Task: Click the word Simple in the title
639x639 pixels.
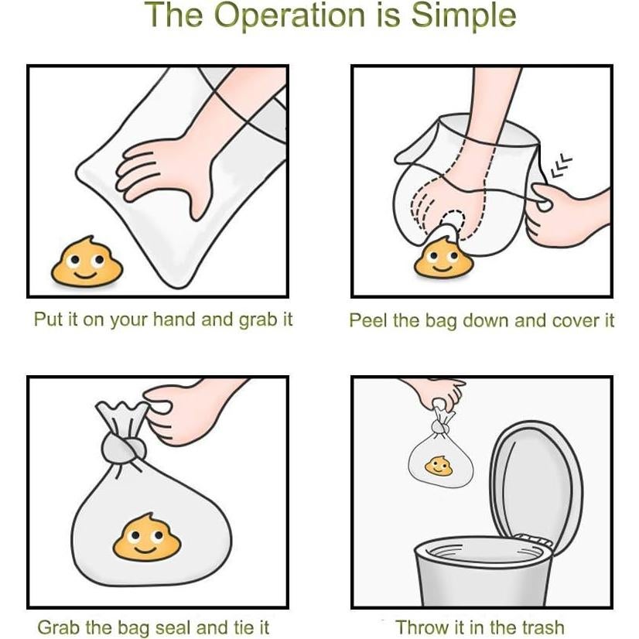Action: (x=463, y=16)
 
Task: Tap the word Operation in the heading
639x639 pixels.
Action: (x=289, y=15)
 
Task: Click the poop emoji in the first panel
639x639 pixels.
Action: (x=87, y=261)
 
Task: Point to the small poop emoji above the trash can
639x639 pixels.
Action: (x=439, y=466)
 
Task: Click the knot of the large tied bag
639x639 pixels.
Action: (x=123, y=447)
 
